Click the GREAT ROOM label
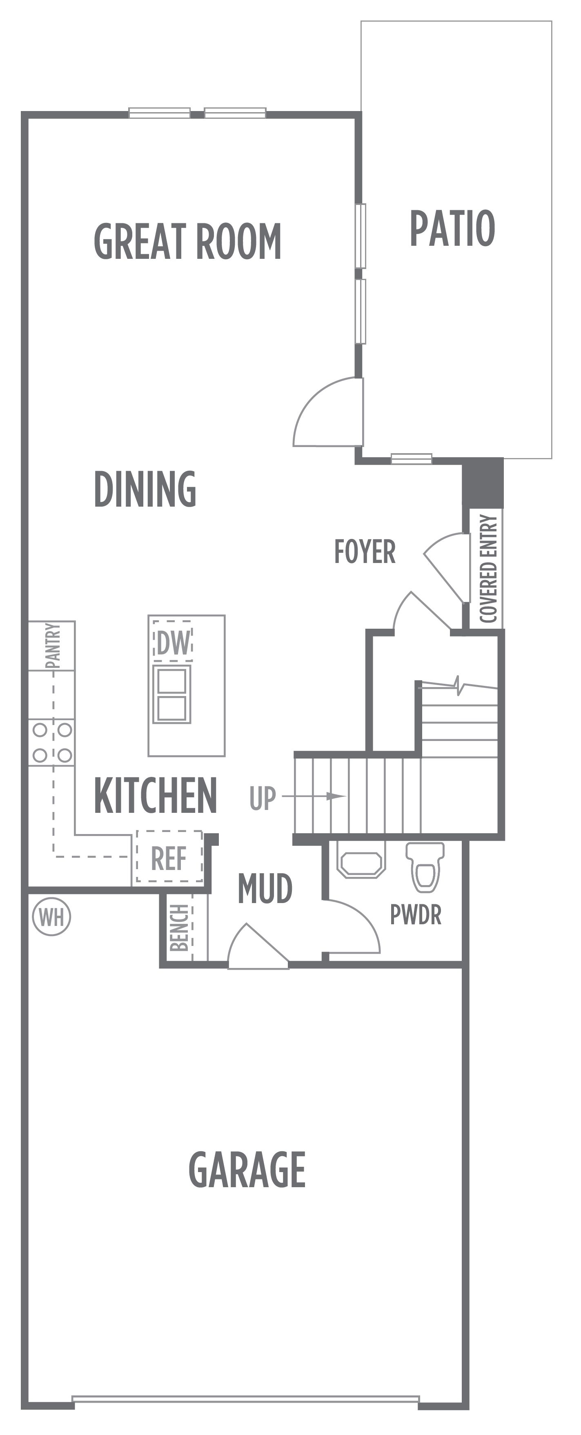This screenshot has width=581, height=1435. (x=188, y=241)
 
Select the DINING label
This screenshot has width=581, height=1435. (x=145, y=489)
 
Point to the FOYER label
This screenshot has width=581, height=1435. (x=365, y=552)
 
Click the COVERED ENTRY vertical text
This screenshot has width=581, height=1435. (x=488, y=568)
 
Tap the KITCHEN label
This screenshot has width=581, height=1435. (x=156, y=796)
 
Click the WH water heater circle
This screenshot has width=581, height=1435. (x=52, y=917)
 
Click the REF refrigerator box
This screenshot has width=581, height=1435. (x=169, y=857)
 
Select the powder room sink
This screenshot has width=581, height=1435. (x=361, y=859)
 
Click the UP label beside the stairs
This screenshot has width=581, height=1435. (x=263, y=798)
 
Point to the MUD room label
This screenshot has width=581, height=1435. (x=265, y=888)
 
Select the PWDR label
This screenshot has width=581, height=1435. (x=416, y=915)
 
